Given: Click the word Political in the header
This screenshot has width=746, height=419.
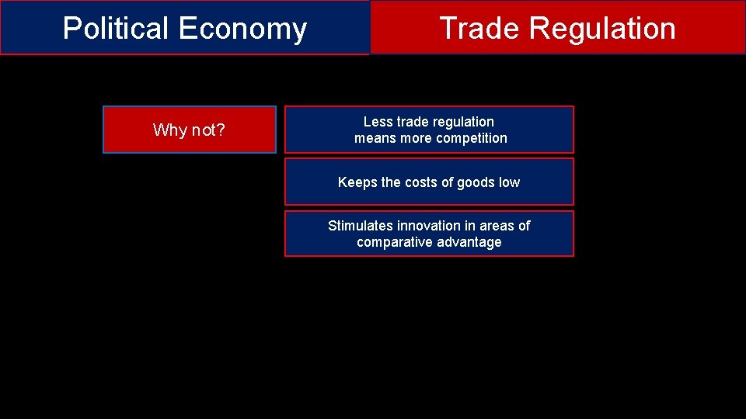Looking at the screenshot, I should click(116, 29).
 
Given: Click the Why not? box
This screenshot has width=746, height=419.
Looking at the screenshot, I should click(190, 130).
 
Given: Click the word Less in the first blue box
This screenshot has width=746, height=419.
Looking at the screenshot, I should click(378, 122).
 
